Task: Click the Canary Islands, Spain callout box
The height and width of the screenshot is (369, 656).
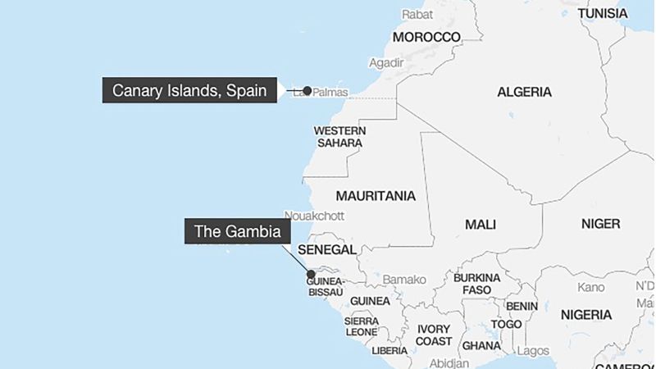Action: click(189, 90)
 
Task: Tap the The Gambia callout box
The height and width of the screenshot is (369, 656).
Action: click(237, 231)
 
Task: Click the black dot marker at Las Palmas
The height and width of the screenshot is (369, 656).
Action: click(307, 90)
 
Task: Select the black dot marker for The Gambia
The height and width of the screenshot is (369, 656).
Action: click(311, 275)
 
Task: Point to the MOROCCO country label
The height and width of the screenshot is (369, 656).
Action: click(426, 38)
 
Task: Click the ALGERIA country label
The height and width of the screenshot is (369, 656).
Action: click(524, 92)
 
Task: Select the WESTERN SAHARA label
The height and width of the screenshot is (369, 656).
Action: click(339, 137)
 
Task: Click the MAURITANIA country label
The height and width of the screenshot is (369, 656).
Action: click(376, 197)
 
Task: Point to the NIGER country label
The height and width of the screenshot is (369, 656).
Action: click(600, 223)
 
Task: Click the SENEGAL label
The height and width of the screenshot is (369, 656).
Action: click(327, 249)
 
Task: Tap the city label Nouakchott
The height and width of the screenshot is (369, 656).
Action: click(314, 216)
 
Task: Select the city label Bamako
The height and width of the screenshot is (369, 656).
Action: click(405, 279)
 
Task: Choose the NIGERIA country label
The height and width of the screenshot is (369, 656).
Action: click(585, 315)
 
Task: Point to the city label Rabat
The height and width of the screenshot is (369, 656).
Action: click(417, 14)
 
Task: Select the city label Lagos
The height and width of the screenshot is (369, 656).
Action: click(534, 351)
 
